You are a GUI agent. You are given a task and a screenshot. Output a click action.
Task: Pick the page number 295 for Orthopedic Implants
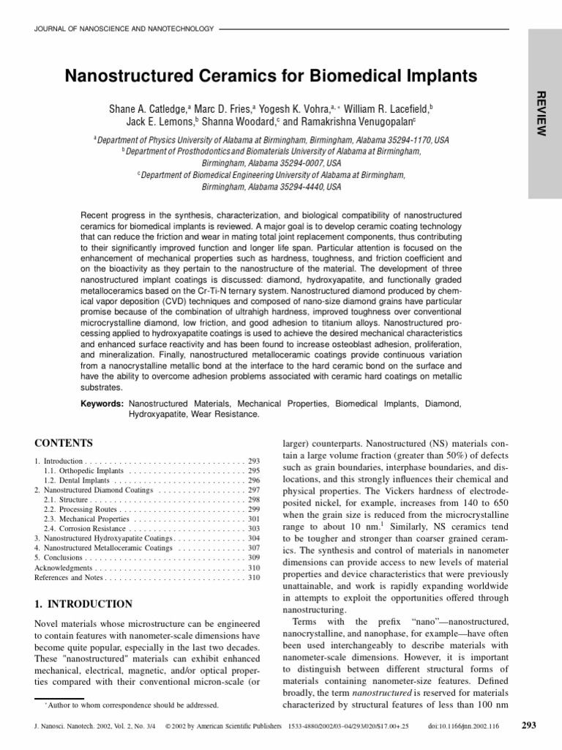[254, 470]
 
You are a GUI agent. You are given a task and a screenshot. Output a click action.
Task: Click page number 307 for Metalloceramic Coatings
[254, 547]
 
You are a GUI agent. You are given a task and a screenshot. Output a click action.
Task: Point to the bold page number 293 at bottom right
[528, 726]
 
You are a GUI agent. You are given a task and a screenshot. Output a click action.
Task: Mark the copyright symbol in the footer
[168, 727]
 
